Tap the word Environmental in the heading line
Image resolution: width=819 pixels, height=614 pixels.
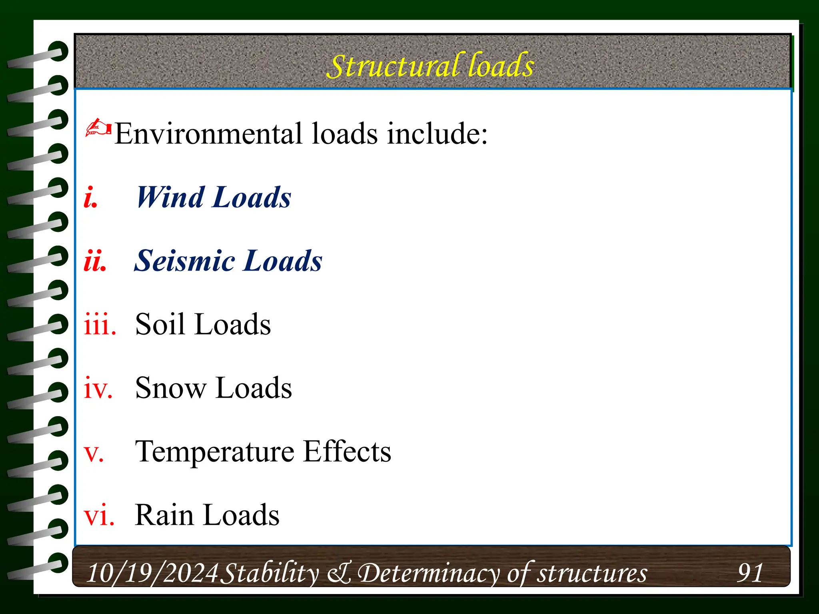pos(208,134)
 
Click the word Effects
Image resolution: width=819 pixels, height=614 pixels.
pos(347,452)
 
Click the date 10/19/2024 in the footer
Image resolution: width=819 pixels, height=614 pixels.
pos(152,573)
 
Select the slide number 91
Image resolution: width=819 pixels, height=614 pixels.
pos(750,573)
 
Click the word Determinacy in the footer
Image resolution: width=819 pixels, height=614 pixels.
pos(428,573)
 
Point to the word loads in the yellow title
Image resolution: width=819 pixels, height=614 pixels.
pos(501,66)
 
